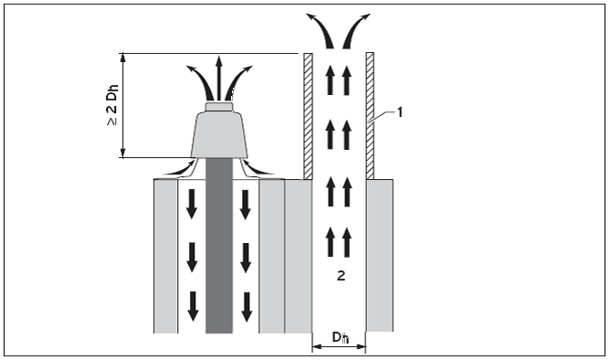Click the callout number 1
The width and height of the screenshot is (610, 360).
point(400,113)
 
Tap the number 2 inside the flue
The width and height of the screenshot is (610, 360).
point(341,276)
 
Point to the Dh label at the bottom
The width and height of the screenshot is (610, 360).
point(341,337)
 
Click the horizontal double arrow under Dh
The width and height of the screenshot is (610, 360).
point(339,346)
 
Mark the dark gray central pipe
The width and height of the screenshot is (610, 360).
point(219,246)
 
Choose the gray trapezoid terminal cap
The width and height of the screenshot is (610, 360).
point(219,134)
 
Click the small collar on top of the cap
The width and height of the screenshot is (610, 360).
point(219,106)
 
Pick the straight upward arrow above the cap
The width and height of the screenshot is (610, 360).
point(219,78)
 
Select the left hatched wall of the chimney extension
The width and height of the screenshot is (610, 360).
point(308,116)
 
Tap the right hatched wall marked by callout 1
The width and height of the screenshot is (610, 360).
point(370,116)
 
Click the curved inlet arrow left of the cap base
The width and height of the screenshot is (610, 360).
point(180,167)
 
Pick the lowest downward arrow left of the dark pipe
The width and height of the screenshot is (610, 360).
point(193,306)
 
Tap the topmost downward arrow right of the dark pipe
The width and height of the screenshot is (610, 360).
point(245,205)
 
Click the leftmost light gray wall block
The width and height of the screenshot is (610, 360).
point(165,256)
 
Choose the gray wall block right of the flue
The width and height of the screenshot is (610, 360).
point(380,255)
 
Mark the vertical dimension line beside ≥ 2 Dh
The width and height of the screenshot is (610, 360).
point(123,105)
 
